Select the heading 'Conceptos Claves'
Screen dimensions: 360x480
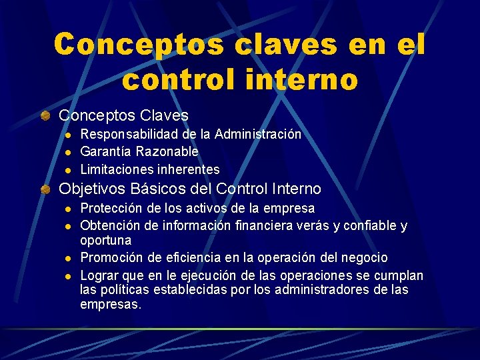click(x=124, y=115)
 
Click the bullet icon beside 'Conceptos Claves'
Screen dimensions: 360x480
click(x=45, y=115)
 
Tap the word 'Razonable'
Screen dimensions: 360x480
click(x=167, y=152)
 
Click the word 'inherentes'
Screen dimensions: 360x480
click(x=188, y=169)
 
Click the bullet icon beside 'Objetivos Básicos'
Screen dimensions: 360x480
click(x=45, y=189)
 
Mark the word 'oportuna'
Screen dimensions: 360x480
click(x=106, y=240)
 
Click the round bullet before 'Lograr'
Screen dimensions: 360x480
click(x=67, y=275)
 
